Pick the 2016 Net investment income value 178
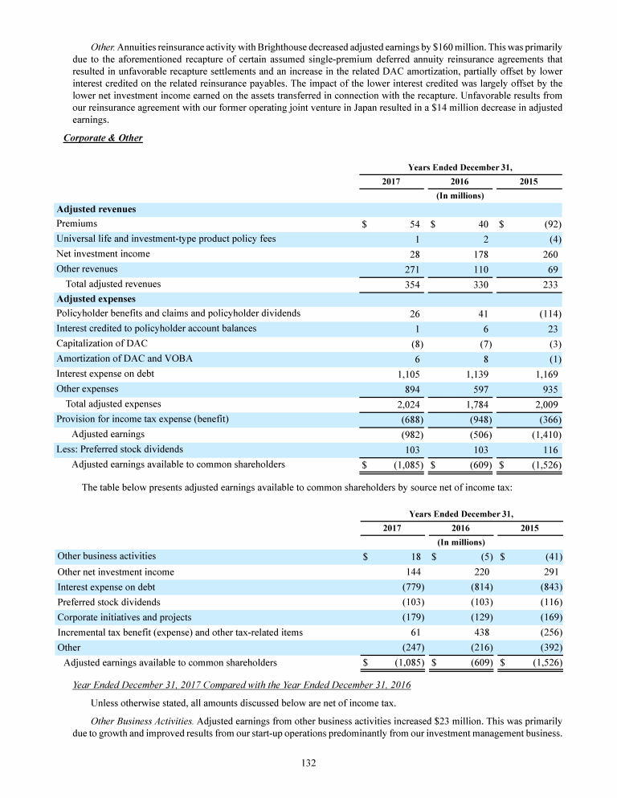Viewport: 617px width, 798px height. (482, 254)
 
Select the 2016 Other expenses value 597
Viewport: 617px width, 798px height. (482, 389)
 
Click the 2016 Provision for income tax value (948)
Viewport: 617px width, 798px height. (480, 419)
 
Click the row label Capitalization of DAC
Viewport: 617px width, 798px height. (96, 344)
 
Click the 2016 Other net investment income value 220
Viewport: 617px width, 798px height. (482, 571)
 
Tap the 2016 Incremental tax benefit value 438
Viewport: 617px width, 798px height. (482, 632)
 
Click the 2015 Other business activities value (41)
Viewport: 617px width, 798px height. (552, 556)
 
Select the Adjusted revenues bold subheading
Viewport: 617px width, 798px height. (96, 209)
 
